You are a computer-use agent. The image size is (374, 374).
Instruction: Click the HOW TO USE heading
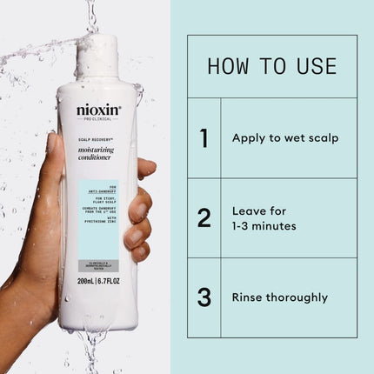pos(272,66)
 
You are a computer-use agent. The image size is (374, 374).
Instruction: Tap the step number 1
pos(204,137)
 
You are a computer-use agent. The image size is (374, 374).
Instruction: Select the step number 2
pos(204,217)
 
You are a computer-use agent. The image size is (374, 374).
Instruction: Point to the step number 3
pos(204,297)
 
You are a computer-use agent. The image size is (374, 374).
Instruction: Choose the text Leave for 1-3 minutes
pos(264,217)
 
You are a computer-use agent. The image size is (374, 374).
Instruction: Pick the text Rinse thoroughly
pos(279,297)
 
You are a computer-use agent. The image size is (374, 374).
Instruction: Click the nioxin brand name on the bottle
pos(98,110)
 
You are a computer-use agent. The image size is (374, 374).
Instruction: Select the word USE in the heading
pos(314,66)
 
